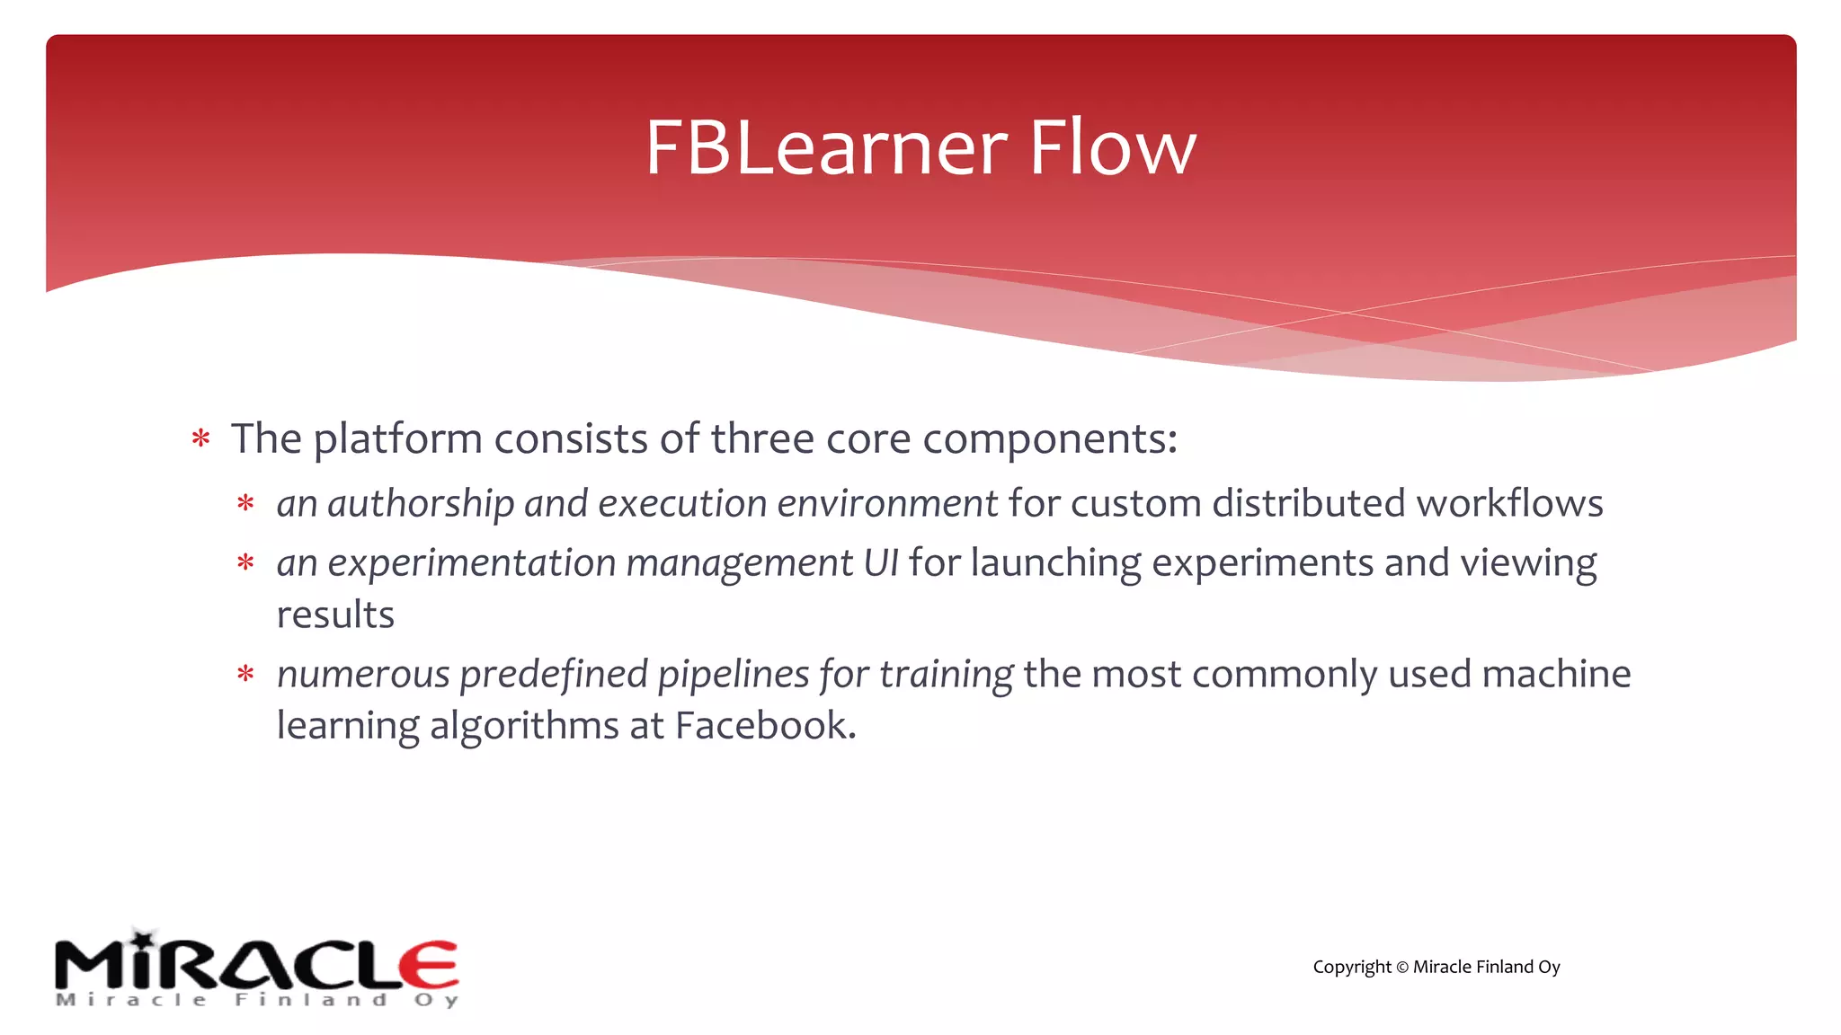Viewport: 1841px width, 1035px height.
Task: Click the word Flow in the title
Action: tap(1112, 148)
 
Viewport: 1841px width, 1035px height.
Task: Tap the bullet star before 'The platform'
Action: tap(200, 439)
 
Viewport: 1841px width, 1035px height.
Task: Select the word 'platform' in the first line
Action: tap(397, 440)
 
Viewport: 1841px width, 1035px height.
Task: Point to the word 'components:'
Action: tap(1049, 440)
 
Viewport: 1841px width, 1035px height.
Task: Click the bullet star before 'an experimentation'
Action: tap(245, 564)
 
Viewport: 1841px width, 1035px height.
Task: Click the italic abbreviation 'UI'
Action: tap(880, 563)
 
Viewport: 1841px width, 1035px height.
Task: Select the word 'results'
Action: tap(335, 615)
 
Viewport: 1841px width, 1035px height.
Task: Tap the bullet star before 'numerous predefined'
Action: tap(245, 675)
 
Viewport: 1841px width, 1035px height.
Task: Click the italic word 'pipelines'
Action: tap(733, 675)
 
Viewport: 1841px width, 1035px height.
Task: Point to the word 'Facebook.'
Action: tap(765, 726)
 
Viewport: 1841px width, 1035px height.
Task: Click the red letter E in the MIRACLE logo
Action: tap(430, 966)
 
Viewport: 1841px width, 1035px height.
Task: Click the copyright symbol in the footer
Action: tap(1401, 968)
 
